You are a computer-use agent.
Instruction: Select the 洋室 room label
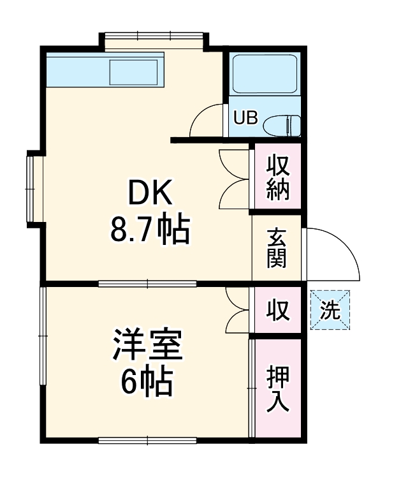tap(149, 345)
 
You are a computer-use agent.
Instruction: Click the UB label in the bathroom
tap(245, 118)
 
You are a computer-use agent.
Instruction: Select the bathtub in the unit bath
tap(265, 75)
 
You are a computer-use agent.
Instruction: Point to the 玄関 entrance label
tap(277, 248)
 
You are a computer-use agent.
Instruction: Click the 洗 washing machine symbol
tap(330, 310)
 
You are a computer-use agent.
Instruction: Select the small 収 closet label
tap(278, 311)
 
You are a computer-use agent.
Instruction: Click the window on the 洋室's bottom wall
tap(147, 439)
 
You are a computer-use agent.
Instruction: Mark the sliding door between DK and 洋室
tap(147, 283)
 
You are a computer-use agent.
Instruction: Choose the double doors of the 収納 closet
tap(233, 179)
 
